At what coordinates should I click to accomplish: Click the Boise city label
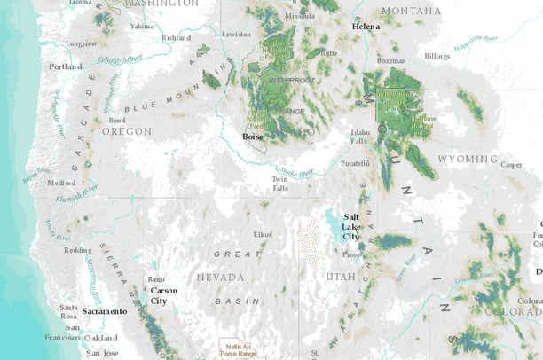[253, 137]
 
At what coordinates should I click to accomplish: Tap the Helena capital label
[366, 27]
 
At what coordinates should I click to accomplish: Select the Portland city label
[66, 67]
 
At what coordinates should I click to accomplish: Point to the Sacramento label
[105, 311]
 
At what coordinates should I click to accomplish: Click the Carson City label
[163, 295]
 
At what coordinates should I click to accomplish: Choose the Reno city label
[155, 279]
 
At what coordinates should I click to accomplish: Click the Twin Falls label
[279, 184]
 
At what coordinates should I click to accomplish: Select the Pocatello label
[355, 163]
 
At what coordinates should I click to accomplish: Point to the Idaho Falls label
[358, 137]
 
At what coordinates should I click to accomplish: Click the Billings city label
[437, 56]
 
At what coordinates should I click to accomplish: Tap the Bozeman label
[391, 60]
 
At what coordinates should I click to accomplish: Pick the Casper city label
[512, 164]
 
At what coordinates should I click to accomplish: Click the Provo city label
[351, 254]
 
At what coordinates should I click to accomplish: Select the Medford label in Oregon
[61, 183]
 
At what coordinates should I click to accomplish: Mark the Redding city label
[77, 250]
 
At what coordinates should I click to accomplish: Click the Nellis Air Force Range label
[239, 349]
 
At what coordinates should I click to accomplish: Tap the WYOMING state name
[468, 159]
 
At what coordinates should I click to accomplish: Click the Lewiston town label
[236, 34]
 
